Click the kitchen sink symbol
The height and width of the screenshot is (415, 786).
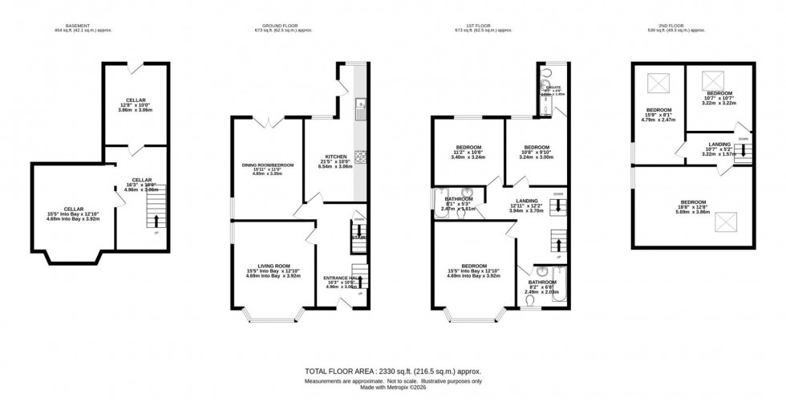(x=362, y=105)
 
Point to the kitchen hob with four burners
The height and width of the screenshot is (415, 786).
(x=361, y=157)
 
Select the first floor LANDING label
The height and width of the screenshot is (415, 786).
(x=526, y=201)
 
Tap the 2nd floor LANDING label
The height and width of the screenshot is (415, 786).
(x=713, y=144)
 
